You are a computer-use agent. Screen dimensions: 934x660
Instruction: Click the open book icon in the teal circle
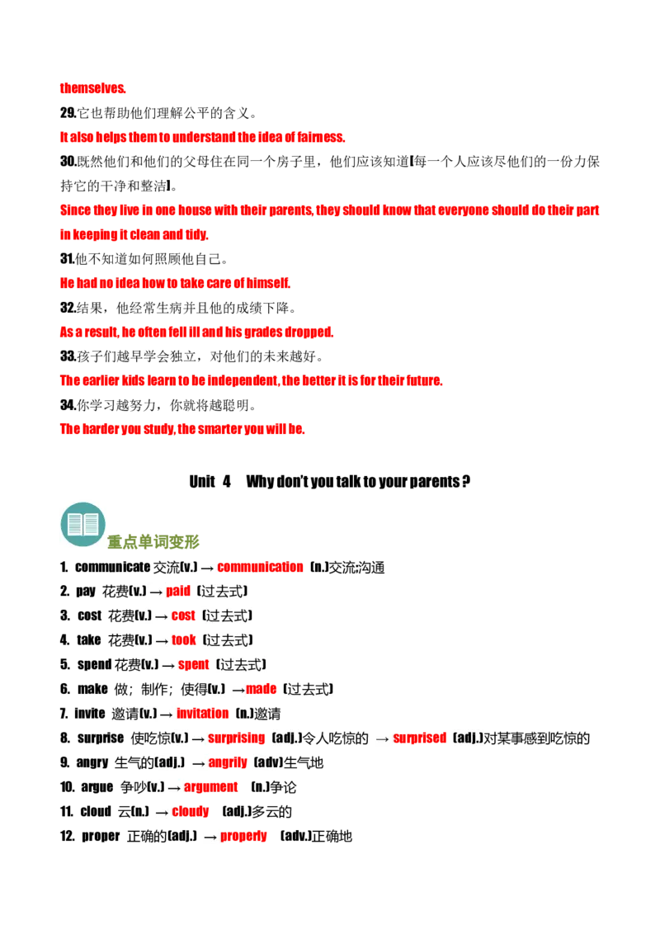point(82,522)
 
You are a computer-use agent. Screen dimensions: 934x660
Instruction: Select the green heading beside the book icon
point(154,542)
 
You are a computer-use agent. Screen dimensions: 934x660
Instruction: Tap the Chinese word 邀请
point(125,714)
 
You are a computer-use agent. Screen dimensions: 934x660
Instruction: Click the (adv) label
point(269,762)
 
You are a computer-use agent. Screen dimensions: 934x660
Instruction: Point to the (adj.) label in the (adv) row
point(169,762)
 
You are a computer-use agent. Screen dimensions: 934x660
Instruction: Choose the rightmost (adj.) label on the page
point(469,738)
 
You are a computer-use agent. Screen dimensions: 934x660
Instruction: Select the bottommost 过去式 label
point(309,689)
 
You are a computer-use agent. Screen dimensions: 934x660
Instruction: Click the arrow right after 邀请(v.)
point(167,714)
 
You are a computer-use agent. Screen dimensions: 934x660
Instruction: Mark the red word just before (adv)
point(229,762)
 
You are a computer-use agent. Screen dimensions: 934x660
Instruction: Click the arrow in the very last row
point(210,837)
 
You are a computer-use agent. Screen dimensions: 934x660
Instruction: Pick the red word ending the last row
point(245,837)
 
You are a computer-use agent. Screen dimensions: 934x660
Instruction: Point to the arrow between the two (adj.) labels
point(382,738)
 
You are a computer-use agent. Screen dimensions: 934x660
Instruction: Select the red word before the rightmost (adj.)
point(421,738)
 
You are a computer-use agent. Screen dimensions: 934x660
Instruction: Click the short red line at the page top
point(93,89)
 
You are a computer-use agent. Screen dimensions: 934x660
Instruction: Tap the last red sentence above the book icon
point(183,429)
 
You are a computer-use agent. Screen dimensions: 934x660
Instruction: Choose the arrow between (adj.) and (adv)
point(198,762)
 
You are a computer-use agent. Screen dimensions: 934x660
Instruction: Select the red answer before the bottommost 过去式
point(262,689)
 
